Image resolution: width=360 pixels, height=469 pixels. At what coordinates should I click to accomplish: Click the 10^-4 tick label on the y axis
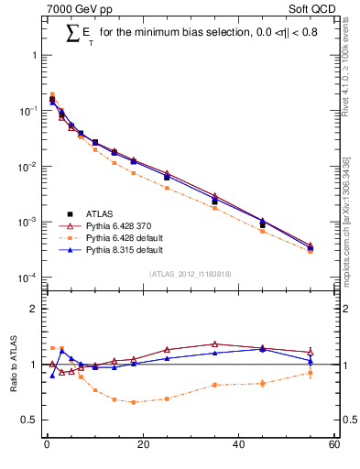pos(27,278)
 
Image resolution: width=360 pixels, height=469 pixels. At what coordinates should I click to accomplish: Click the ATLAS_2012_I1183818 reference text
pos(190,274)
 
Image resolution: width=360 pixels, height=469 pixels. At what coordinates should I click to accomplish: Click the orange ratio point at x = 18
pos(133,402)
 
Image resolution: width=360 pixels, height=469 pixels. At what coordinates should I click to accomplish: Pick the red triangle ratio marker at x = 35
pos(214,344)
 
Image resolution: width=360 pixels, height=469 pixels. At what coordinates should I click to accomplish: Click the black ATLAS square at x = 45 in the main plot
pos(262,224)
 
